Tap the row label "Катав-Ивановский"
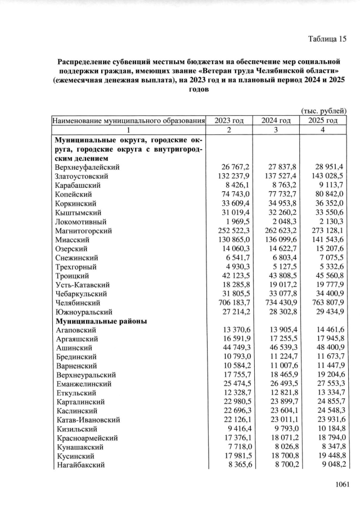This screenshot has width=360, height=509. click(87, 420)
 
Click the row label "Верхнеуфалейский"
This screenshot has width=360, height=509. click(88, 167)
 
